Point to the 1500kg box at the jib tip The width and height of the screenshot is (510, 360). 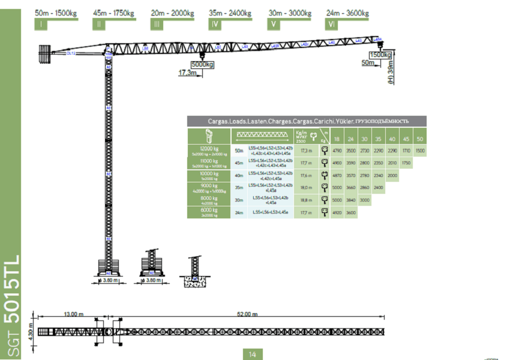click(380, 55)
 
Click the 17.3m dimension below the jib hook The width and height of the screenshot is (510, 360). click(188, 73)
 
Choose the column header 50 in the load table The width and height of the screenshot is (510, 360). click(419, 139)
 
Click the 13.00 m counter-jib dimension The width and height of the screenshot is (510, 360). click(73, 314)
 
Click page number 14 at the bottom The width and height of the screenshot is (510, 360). click(253, 354)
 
